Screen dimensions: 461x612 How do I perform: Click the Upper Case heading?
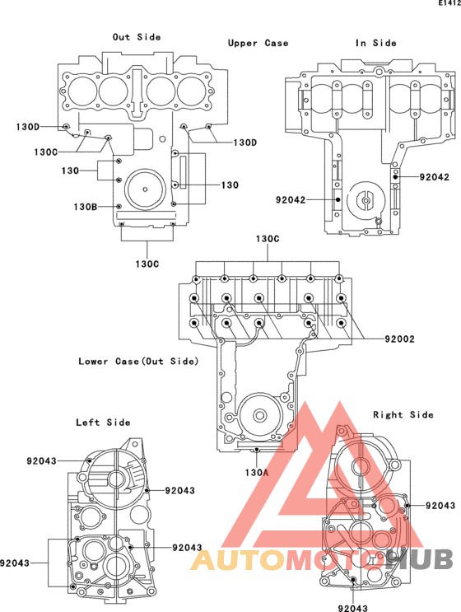[x=258, y=43]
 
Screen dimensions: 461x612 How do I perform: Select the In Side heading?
[x=376, y=43]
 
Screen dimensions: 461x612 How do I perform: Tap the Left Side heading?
[x=103, y=423]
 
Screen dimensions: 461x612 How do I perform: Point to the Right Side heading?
[x=403, y=414]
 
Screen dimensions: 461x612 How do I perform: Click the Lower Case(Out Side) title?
[x=138, y=362]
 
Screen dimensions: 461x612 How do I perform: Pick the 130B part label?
[x=86, y=207]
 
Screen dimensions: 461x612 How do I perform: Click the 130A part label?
[x=257, y=473]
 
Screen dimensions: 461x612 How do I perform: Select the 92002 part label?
[x=400, y=339]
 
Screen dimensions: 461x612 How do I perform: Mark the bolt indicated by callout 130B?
[x=119, y=207]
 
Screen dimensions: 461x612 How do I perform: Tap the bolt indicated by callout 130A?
[x=257, y=451]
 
